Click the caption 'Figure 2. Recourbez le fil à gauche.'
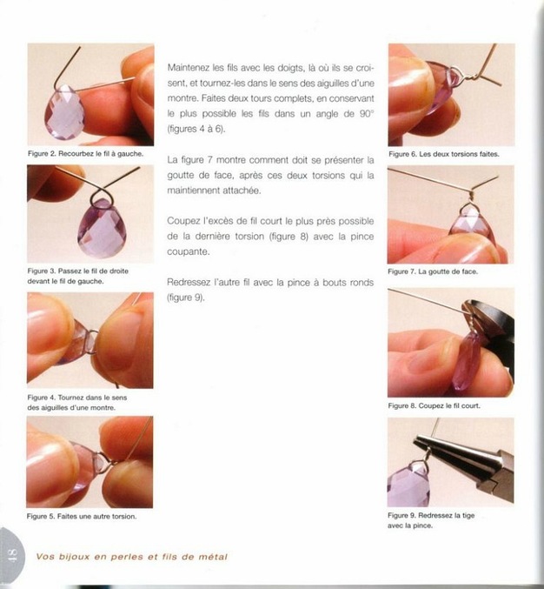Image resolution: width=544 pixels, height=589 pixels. [85, 154]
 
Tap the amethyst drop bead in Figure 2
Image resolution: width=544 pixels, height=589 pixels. [64, 112]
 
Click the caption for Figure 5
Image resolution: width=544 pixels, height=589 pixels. [82, 516]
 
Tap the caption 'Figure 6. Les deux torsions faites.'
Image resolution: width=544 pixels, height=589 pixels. [444, 154]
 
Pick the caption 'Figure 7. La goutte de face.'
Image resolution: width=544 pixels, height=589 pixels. [433, 271]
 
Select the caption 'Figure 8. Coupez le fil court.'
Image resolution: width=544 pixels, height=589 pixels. [435, 405]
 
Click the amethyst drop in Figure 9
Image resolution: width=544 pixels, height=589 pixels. [408, 485]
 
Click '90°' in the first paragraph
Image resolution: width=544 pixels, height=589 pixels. [367, 113]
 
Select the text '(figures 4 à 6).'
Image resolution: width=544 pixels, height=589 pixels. [196, 129]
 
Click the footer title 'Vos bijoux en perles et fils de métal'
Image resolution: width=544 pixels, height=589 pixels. [132, 557]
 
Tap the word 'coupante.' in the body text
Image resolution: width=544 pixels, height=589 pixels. [189, 251]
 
